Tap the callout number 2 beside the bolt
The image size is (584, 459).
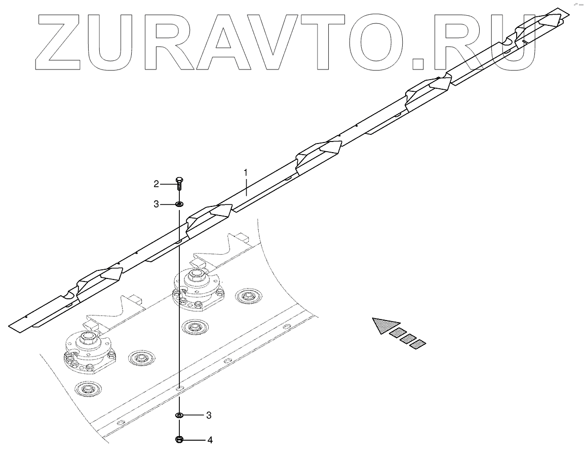click(157, 183)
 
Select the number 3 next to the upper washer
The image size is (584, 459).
click(157, 204)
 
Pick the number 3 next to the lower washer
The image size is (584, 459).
click(209, 415)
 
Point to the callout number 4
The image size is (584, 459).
click(210, 440)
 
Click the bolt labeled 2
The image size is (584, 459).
click(179, 183)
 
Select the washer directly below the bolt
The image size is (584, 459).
click(179, 204)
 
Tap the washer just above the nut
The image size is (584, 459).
click(179, 415)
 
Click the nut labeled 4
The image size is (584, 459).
click(179, 439)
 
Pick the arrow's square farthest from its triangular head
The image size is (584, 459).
click(418, 344)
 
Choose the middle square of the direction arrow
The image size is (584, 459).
click(408, 339)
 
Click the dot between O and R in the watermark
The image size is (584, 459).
click(418, 63)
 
